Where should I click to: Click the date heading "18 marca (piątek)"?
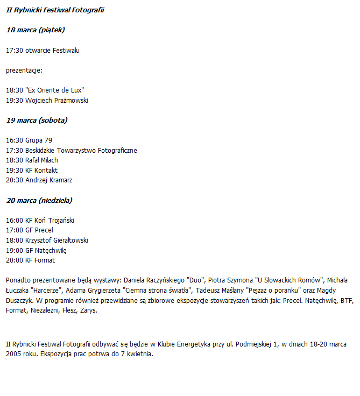click(x=36, y=30)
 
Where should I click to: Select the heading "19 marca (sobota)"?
click(x=37, y=120)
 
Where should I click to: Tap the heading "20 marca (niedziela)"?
click(x=39, y=200)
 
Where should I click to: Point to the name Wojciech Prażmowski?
click(x=57, y=100)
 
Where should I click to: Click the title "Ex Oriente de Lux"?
click(x=55, y=90)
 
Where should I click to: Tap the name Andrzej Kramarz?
click(x=48, y=180)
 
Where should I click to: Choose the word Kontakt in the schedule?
click(x=46, y=170)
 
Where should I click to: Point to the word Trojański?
click(x=61, y=221)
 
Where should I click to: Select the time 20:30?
click(x=15, y=180)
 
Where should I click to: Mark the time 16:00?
click(x=15, y=221)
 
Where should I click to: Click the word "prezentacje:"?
click(x=24, y=70)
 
